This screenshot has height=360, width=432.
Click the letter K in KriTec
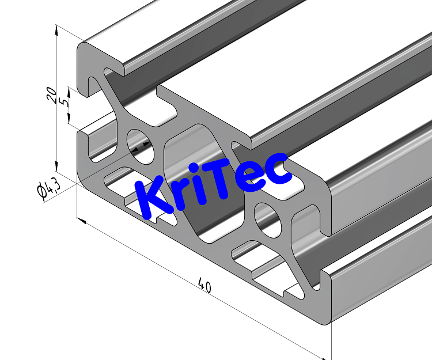pyautogui.click(x=151, y=199)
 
